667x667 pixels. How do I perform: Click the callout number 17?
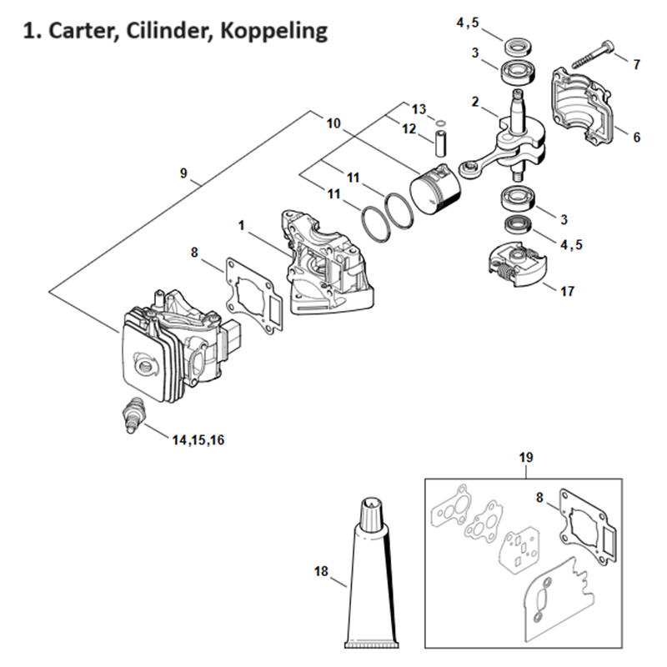point(568,292)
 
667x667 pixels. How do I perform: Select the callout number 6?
point(637,137)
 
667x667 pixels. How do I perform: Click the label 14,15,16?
point(198,439)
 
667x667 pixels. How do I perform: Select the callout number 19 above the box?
point(526,458)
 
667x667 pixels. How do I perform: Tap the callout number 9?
point(183,174)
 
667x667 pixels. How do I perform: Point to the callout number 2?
point(474,103)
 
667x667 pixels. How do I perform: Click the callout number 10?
point(333,123)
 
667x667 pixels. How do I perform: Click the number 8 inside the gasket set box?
point(539,497)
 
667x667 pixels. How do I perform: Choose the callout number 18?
point(322,571)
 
